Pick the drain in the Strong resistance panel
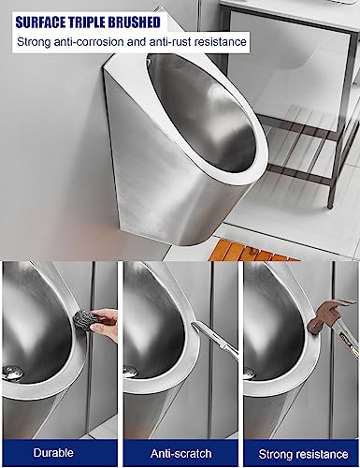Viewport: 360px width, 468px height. (250, 373)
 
